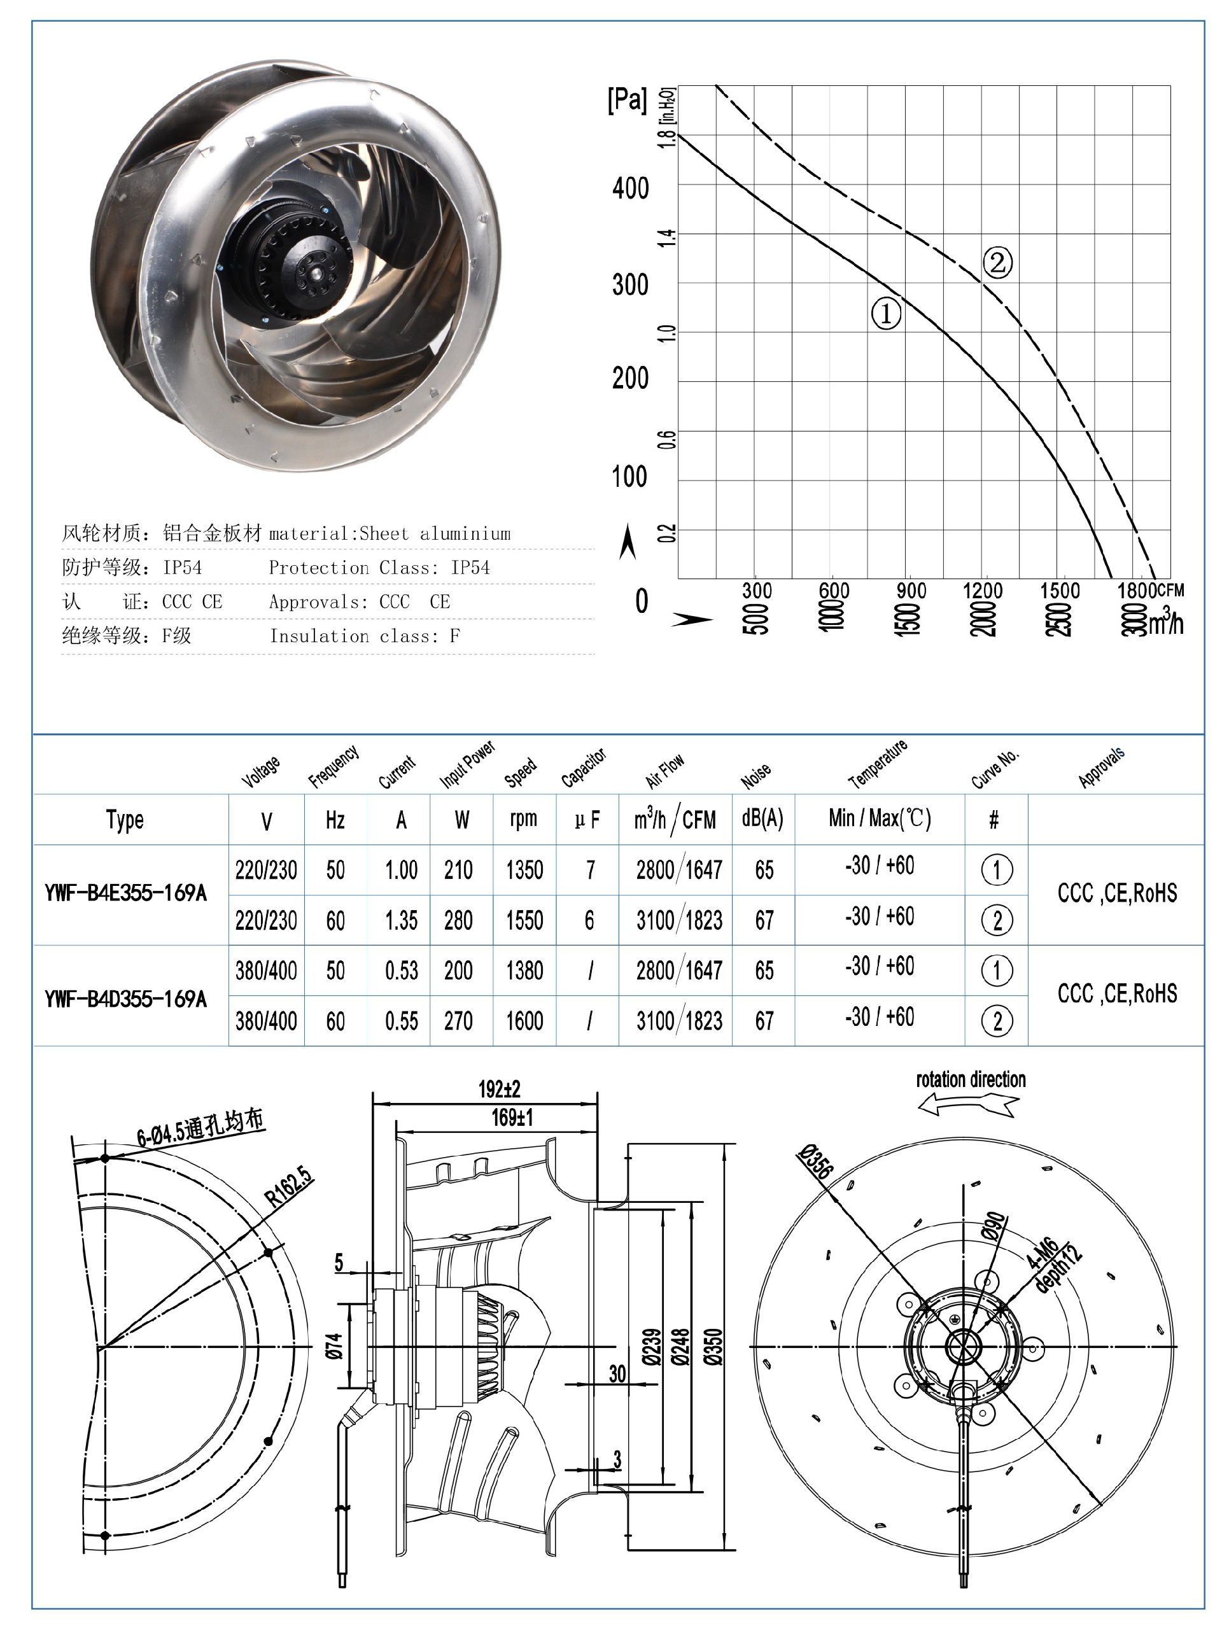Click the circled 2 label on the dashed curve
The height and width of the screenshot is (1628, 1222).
click(x=997, y=262)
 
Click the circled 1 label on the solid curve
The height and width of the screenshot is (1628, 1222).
click(x=885, y=314)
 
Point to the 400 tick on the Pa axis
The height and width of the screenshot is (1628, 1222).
click(x=630, y=188)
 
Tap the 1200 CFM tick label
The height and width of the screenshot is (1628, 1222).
click(x=982, y=590)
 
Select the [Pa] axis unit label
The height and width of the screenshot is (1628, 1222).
click(x=626, y=99)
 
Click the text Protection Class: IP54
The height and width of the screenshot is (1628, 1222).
click(x=379, y=568)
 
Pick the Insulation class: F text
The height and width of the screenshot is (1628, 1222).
click(x=365, y=636)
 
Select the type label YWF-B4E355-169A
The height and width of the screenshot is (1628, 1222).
click(x=125, y=894)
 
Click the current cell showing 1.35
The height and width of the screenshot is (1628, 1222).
click(x=401, y=920)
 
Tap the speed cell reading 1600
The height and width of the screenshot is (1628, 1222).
click(x=524, y=1021)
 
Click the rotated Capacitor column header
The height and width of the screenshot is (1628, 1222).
click(x=583, y=768)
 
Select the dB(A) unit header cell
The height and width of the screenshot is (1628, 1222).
click(x=762, y=818)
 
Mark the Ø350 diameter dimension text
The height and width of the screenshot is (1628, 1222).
click(x=713, y=1346)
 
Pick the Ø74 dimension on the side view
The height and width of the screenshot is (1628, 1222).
click(x=334, y=1345)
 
